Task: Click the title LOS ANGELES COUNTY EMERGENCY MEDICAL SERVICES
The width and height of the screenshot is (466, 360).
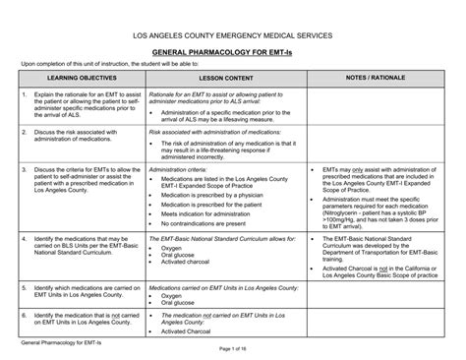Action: coord(233,35)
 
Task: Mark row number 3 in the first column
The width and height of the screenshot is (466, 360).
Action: coord(24,170)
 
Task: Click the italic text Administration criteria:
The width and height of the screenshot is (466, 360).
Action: coord(181,170)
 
